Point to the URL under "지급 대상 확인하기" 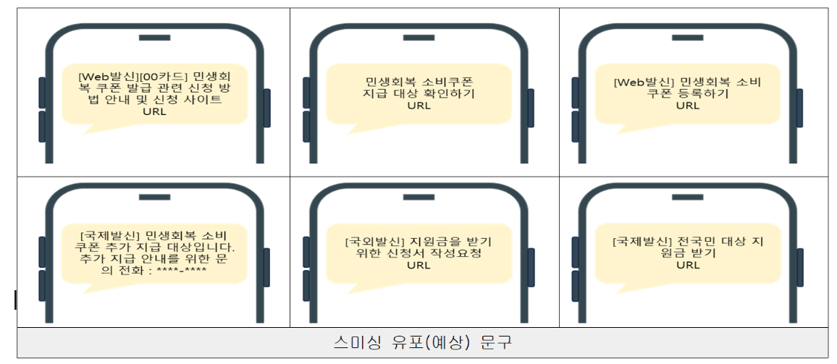tap(418, 106)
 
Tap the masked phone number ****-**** tap(182, 271)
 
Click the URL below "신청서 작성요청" tap(418, 266)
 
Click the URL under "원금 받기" tap(688, 266)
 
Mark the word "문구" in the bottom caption tap(496, 342)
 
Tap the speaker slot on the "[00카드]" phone tap(154, 37)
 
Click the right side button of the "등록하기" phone tap(799, 108)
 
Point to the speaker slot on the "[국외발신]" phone tap(423, 196)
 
